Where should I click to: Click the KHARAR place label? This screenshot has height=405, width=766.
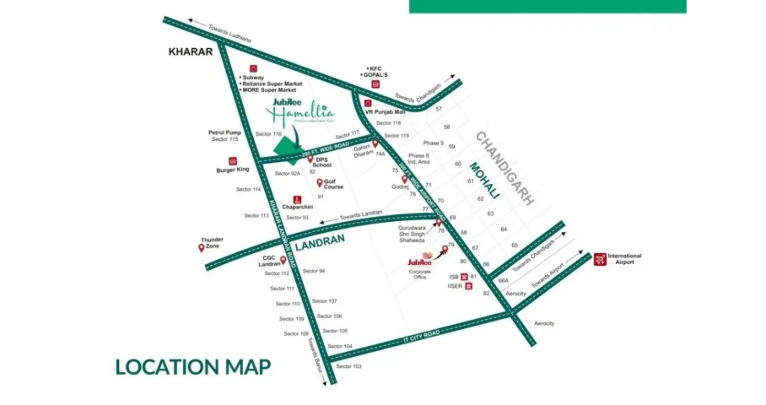click(x=190, y=52)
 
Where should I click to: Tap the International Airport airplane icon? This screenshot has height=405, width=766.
click(x=599, y=259)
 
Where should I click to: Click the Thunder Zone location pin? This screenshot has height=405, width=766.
click(x=202, y=248)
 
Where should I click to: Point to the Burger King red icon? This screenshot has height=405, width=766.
click(x=233, y=161)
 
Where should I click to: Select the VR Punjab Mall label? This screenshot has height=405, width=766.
click(x=385, y=112)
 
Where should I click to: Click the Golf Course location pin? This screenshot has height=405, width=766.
click(x=319, y=183)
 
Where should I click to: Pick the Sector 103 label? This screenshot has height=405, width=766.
click(x=349, y=366)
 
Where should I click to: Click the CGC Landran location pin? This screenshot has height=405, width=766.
click(x=283, y=260)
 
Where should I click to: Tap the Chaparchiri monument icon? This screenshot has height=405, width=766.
click(x=297, y=199)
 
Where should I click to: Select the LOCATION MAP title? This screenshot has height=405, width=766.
click(x=193, y=367)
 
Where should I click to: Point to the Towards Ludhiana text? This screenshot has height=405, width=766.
click(x=230, y=34)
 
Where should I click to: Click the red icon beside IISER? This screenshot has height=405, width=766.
click(x=469, y=286)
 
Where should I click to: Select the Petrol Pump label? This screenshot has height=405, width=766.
click(x=225, y=133)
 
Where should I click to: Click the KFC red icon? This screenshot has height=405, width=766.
click(x=376, y=84)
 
